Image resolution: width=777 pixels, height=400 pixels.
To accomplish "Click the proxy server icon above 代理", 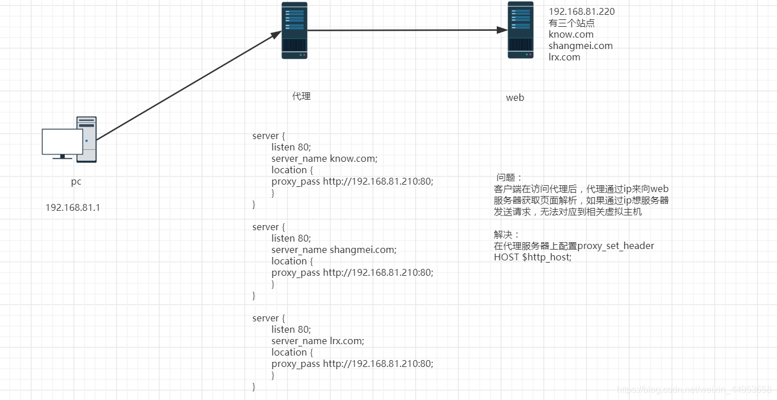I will coord(295,30).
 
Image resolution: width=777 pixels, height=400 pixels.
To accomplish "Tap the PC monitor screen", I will coord(62,141).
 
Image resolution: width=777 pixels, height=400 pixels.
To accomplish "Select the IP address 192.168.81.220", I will coord(582,11).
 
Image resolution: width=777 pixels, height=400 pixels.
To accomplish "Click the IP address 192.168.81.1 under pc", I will coord(73,207).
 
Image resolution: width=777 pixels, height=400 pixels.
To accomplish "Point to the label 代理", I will coord(301,96).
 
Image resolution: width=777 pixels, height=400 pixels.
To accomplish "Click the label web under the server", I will coord(515,97).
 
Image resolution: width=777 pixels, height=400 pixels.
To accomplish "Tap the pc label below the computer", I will coord(76,182).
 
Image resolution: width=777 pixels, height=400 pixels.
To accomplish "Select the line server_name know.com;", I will coord(324,158).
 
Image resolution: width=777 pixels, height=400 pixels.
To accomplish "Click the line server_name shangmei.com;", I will coord(334,250).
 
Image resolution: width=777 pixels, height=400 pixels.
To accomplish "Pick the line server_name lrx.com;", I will coord(317,341).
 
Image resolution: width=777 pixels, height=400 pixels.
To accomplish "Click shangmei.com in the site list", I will coord(580,46).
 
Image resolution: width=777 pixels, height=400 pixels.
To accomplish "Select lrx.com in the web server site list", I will coord(565,57).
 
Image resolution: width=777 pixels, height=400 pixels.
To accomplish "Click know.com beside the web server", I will coord(571,34).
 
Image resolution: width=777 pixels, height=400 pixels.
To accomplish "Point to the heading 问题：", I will coord(509,177).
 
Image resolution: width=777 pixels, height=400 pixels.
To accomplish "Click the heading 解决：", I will coord(507,234).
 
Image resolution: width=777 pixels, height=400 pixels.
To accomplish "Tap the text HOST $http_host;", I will coord(533,257).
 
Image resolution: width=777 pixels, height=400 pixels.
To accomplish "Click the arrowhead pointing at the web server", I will coord(502,30).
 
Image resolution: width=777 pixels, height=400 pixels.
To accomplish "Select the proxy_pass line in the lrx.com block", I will coord(352,364).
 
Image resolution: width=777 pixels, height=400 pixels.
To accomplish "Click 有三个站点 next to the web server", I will coord(572,23).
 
